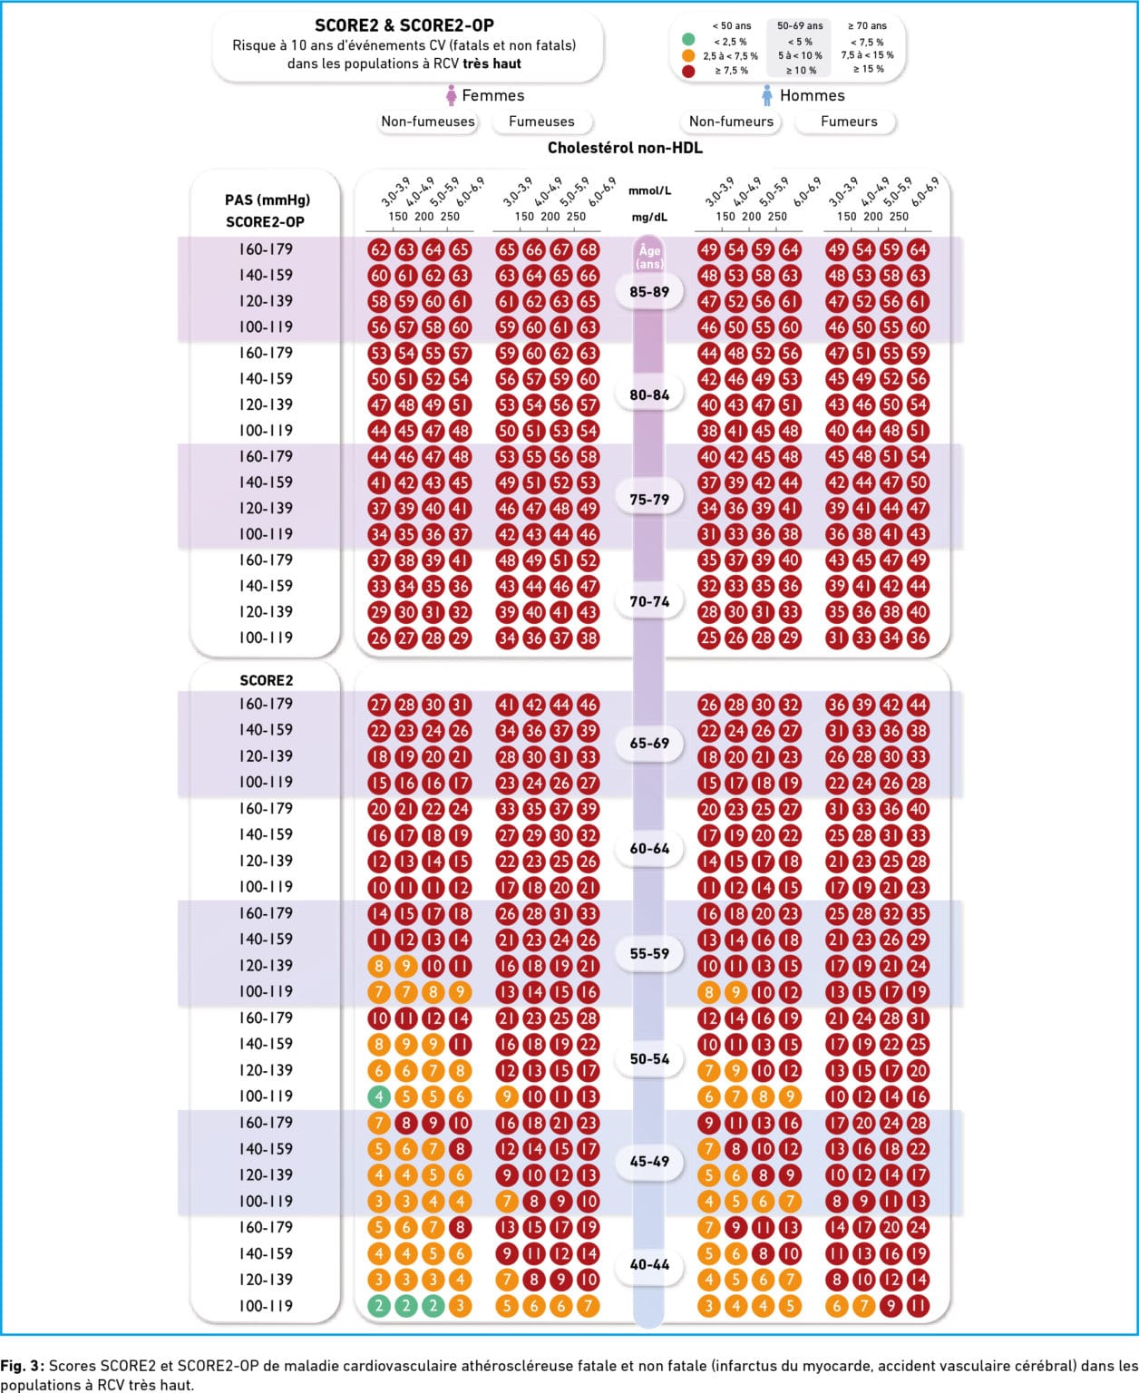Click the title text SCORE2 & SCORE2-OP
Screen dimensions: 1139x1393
click(404, 25)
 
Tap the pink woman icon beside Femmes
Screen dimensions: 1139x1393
click(452, 96)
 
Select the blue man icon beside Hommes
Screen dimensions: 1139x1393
click(766, 96)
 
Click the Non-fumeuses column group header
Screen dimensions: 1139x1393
click(427, 122)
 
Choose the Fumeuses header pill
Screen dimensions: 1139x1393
click(541, 122)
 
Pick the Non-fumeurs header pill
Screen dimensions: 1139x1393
click(731, 122)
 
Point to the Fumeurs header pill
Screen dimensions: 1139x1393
click(848, 122)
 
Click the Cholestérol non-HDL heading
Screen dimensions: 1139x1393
click(625, 148)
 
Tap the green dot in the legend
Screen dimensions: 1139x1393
click(688, 40)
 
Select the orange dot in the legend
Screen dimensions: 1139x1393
click(688, 55)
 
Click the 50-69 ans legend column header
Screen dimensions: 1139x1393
click(800, 25)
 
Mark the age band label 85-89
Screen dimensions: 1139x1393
click(648, 292)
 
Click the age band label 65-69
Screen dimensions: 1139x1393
click(648, 743)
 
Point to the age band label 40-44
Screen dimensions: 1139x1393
click(648, 1264)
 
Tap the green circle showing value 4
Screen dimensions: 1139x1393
click(378, 1097)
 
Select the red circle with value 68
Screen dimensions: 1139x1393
click(588, 249)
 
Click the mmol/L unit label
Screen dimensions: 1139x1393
click(648, 190)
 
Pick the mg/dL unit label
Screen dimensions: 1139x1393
click(648, 218)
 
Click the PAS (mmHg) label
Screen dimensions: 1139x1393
click(267, 200)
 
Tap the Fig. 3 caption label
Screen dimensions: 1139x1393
click(23, 1365)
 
